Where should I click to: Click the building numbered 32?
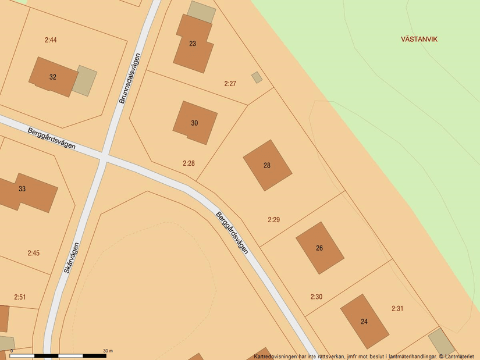click(x=53, y=77)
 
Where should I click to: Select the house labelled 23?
click(x=193, y=44)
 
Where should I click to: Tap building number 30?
click(x=194, y=123)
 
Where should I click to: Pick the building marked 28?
click(x=267, y=165)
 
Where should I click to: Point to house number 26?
click(x=319, y=248)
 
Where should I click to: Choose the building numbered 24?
click(x=364, y=321)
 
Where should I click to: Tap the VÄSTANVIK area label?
click(x=419, y=40)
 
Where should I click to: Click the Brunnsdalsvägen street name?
click(x=130, y=79)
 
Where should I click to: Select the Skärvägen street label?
click(x=71, y=258)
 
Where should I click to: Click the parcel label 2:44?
click(x=51, y=40)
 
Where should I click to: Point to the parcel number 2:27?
click(x=230, y=84)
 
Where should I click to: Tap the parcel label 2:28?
click(x=189, y=163)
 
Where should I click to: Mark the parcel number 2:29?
click(x=274, y=220)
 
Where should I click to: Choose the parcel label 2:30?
click(x=316, y=297)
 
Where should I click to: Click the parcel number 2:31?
click(x=397, y=309)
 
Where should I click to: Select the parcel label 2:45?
click(x=34, y=253)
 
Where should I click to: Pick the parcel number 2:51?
click(x=20, y=297)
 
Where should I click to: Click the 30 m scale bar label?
click(x=108, y=351)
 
